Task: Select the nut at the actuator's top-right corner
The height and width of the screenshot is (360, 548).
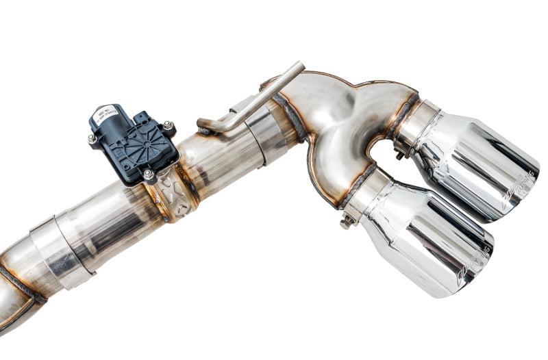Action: click(x=167, y=126)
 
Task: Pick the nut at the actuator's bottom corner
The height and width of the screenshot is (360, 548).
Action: click(x=147, y=175)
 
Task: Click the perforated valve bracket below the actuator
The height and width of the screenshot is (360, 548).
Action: click(x=171, y=195)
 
